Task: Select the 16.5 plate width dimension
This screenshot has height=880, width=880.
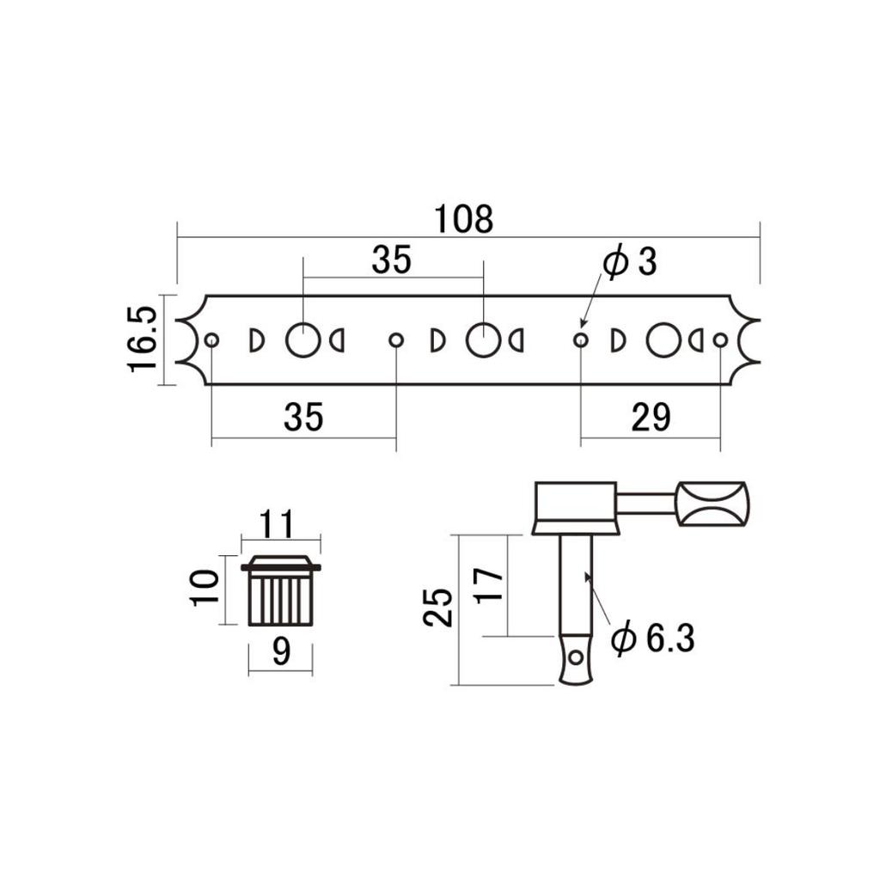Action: (x=143, y=339)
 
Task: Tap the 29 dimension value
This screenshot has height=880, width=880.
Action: (x=651, y=418)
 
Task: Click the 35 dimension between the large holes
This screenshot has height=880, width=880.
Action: (x=392, y=260)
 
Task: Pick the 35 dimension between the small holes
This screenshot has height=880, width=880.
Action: (x=303, y=418)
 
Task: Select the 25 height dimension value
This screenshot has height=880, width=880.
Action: (x=439, y=609)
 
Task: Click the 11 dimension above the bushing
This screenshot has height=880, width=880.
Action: (x=280, y=522)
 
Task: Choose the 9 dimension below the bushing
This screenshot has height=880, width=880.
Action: (x=280, y=654)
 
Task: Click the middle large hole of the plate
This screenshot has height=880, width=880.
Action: (x=483, y=340)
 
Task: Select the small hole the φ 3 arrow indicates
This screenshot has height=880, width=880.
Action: (x=581, y=340)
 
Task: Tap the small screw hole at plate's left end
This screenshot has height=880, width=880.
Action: (x=211, y=340)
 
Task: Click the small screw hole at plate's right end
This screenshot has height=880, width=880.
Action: (x=720, y=340)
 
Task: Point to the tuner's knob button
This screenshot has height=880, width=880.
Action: (x=712, y=504)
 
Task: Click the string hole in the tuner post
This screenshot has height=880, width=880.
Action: (x=576, y=658)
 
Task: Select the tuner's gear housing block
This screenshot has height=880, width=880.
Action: (x=575, y=507)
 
